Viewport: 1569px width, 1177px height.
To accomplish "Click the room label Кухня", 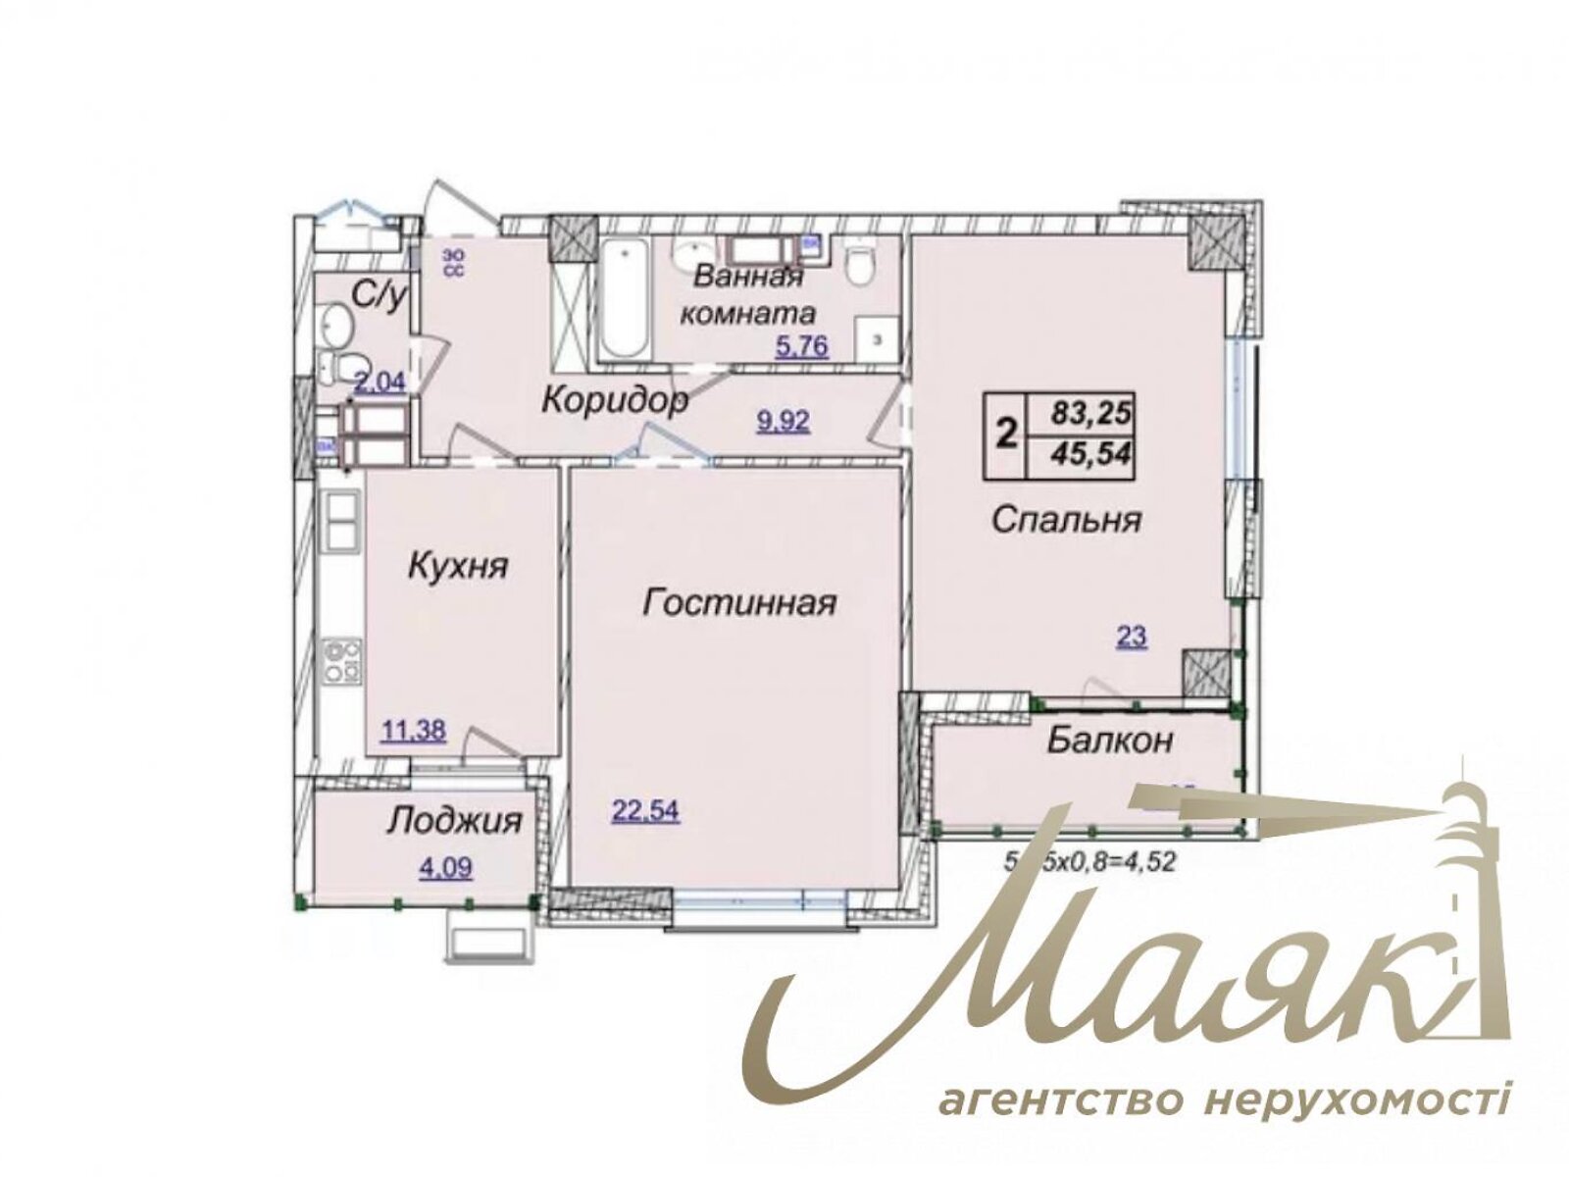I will click(458, 566).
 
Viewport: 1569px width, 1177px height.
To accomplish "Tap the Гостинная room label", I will click(739, 602).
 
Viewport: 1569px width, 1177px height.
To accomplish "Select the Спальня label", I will click(1066, 519).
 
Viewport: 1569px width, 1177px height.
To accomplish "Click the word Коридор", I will click(615, 400).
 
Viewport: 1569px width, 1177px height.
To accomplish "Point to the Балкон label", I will click(1109, 740).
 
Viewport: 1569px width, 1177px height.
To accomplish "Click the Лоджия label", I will click(454, 820).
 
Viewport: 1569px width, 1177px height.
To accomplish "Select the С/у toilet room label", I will click(380, 294).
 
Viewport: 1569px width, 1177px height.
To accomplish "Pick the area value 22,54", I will click(645, 811).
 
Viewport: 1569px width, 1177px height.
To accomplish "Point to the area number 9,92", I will click(783, 422).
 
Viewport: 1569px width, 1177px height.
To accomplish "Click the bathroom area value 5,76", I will click(802, 346).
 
